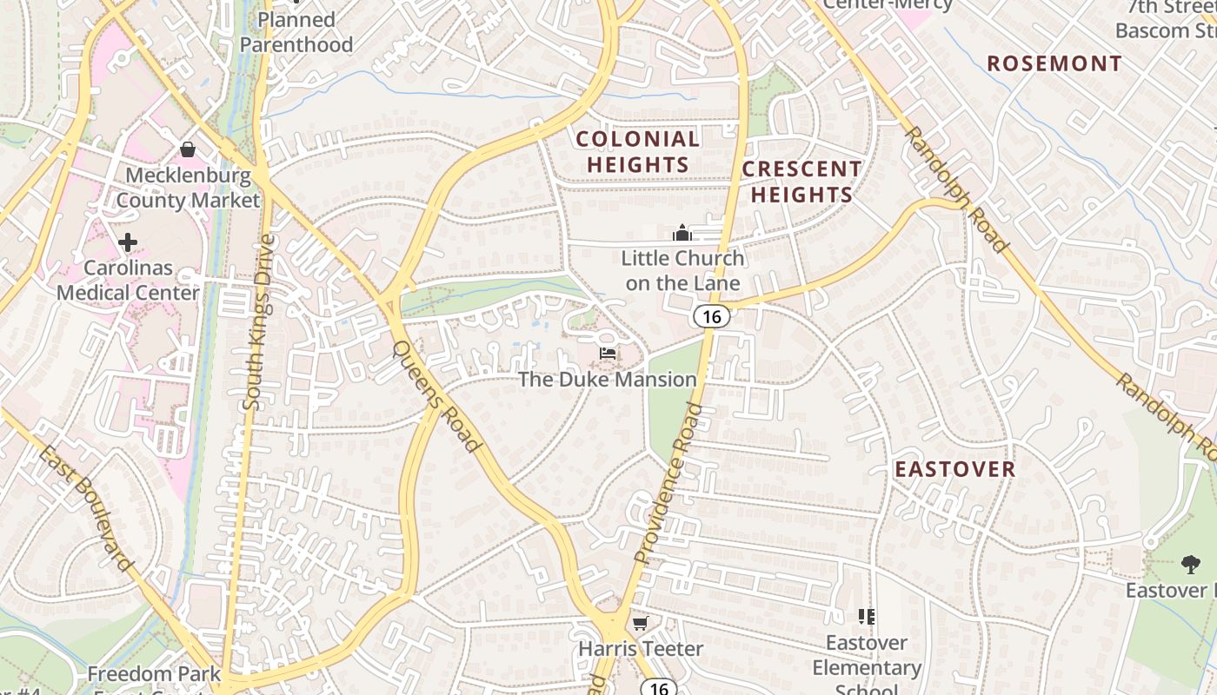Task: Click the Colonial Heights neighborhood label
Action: pyautogui.click(x=638, y=151)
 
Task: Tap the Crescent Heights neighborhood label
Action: pyautogui.click(x=801, y=182)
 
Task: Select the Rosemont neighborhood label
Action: pyautogui.click(x=1054, y=63)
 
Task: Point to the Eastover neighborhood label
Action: pyautogui.click(x=955, y=470)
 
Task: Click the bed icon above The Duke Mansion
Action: pyautogui.click(x=608, y=353)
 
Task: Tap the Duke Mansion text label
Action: pyautogui.click(x=608, y=380)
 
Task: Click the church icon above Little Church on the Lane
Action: pyautogui.click(x=682, y=233)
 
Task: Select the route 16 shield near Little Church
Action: pyautogui.click(x=711, y=317)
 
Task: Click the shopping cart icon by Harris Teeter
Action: pyautogui.click(x=641, y=623)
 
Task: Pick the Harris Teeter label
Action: pyautogui.click(x=641, y=649)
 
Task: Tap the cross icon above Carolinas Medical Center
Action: pyautogui.click(x=128, y=242)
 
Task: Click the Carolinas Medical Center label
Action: pyautogui.click(x=128, y=280)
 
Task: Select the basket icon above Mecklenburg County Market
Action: pyautogui.click(x=187, y=149)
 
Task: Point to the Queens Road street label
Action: pyautogui.click(x=436, y=396)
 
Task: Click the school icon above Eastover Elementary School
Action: pyautogui.click(x=866, y=617)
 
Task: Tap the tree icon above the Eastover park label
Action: pyautogui.click(x=1190, y=565)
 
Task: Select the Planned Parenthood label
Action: pyautogui.click(x=296, y=32)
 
